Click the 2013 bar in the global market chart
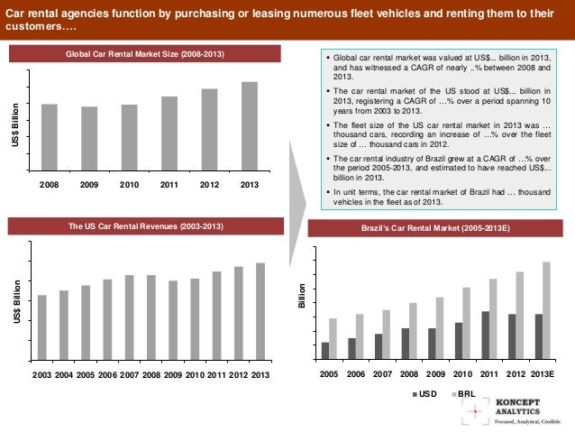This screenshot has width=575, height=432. pyautogui.click(x=250, y=125)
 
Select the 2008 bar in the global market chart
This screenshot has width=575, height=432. pyautogui.click(x=50, y=136)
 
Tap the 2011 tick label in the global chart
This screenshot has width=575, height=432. pyautogui.click(x=169, y=184)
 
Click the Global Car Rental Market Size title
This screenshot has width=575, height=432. pyautogui.click(x=145, y=56)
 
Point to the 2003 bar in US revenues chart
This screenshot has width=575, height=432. pyautogui.click(x=41, y=327)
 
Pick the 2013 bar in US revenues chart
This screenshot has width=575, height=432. pyautogui.click(x=260, y=311)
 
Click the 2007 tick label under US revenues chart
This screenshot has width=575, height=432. pyautogui.click(x=129, y=374)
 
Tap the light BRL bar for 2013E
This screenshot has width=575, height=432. pyautogui.click(x=546, y=309)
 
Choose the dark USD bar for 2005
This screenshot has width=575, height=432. pyautogui.click(x=325, y=350)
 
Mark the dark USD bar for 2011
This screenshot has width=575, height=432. pyautogui.click(x=486, y=335)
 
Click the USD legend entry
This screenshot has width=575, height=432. pyautogui.click(x=424, y=394)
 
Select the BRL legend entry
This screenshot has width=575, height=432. pyautogui.click(x=463, y=394)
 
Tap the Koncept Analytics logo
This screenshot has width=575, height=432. pyautogui.click(x=513, y=409)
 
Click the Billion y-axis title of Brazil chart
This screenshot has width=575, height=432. pyautogui.click(x=303, y=299)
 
